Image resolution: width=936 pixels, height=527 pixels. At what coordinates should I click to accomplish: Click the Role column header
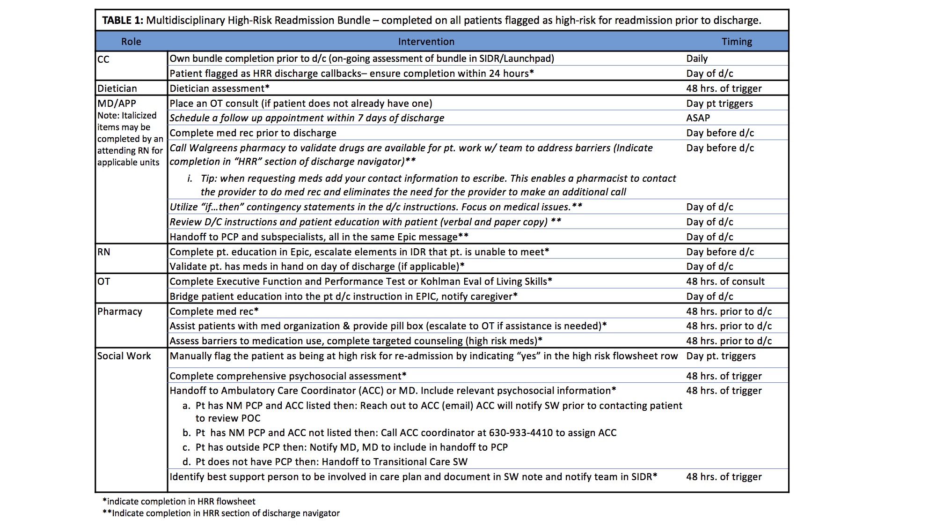tap(131, 42)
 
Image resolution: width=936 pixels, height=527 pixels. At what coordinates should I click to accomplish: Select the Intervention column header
tap(426, 42)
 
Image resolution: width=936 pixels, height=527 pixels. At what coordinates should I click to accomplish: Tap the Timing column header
tap(737, 42)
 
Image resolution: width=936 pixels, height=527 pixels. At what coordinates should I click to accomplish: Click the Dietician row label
tap(117, 89)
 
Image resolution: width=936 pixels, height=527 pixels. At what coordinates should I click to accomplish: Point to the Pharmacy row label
tap(120, 312)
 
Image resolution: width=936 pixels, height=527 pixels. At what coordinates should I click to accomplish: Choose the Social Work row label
tap(124, 356)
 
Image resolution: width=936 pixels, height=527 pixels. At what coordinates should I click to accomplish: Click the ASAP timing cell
tap(698, 118)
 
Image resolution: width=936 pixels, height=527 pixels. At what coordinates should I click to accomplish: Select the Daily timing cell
tap(697, 59)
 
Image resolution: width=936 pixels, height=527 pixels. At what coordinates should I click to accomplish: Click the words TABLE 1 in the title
tap(123, 21)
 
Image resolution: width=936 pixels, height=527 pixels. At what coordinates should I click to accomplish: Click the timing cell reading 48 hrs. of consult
tap(725, 282)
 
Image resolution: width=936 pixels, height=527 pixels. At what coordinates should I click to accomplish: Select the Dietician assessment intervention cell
tap(219, 89)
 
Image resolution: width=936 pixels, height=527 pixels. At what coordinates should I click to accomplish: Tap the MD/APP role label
tap(117, 104)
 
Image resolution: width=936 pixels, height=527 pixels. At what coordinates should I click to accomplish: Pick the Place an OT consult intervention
tap(300, 104)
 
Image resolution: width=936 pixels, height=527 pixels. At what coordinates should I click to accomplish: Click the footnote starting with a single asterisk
tap(179, 501)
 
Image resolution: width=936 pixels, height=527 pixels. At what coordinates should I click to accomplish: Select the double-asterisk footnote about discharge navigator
tap(221, 513)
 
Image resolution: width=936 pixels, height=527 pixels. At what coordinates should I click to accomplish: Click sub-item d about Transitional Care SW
tap(325, 462)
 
